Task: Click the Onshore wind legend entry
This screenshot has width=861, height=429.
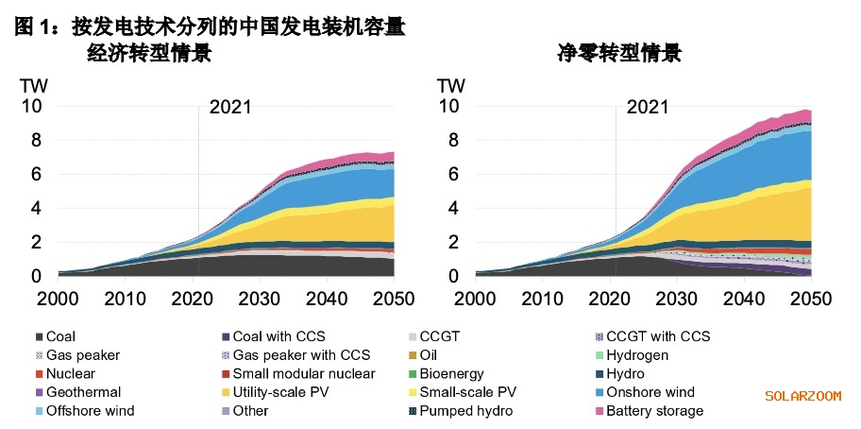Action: (x=650, y=392)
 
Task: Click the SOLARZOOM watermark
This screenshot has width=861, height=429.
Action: (x=802, y=396)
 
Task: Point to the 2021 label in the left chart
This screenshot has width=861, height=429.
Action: (x=230, y=107)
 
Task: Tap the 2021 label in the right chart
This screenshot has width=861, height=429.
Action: (x=648, y=107)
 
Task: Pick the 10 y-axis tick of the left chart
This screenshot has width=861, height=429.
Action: (x=31, y=107)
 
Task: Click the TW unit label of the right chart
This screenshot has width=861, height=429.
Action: (x=451, y=85)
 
